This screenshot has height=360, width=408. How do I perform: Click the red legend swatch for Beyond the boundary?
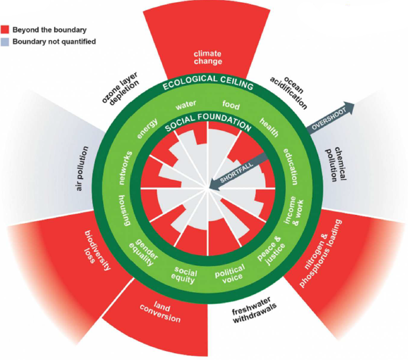point(6,30)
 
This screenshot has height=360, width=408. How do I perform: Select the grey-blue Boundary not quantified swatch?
point(6,41)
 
